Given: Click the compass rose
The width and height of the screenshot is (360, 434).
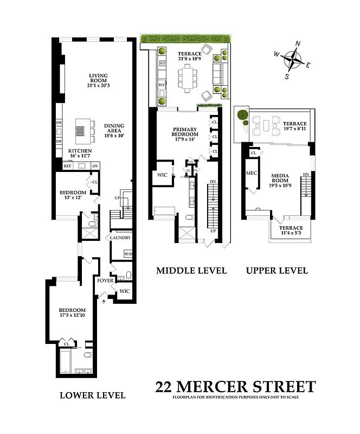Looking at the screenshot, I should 292,60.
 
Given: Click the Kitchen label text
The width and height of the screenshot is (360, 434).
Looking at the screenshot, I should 80,151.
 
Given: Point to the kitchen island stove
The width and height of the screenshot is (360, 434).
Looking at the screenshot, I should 80,130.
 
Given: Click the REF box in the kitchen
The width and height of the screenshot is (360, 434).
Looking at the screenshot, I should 68,165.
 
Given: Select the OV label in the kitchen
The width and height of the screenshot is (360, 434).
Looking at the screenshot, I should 95,165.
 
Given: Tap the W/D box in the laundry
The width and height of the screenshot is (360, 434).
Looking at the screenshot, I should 128,254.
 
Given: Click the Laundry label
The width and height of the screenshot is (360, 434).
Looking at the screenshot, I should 120,238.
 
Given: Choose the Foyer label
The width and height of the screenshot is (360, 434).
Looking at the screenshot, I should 105,280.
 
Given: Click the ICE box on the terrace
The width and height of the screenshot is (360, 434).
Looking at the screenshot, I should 162,63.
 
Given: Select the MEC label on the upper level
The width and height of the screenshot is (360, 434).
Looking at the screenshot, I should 251,173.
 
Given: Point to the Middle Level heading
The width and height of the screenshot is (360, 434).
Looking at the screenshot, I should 191,270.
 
